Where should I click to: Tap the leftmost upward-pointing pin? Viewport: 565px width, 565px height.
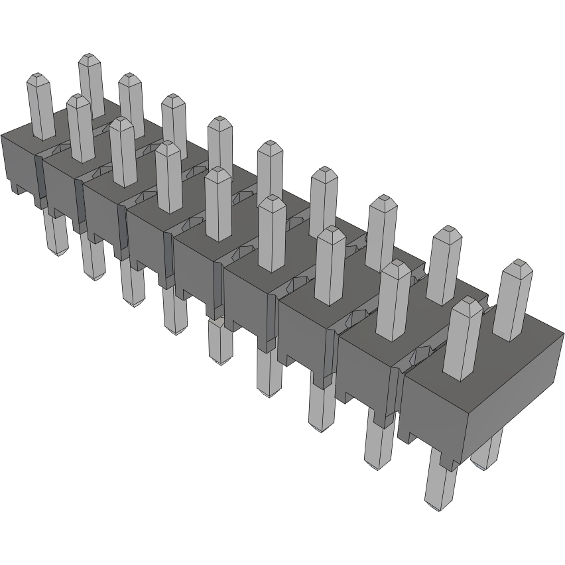[x=40, y=106]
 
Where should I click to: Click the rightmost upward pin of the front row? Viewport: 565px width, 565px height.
[x=462, y=338]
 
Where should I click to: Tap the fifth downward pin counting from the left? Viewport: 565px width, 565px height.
[x=220, y=342]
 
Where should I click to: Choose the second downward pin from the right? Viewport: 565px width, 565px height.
[x=377, y=444]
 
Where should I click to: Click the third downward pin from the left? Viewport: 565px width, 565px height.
[x=133, y=285]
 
